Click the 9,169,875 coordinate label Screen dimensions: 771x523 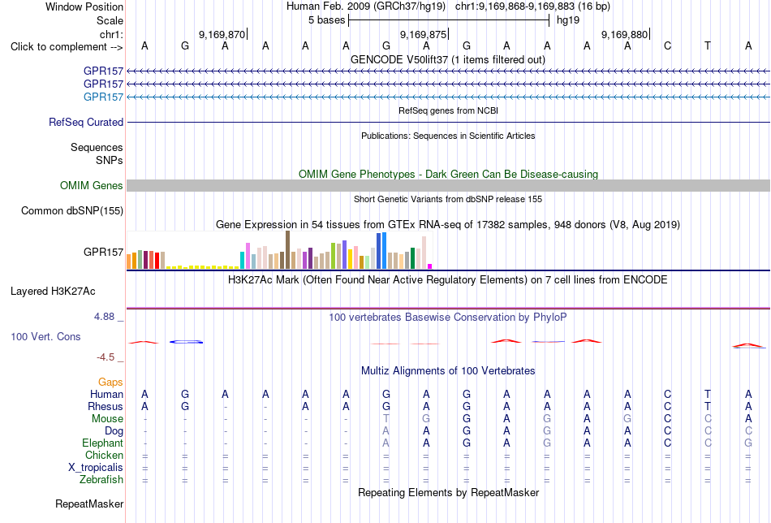[423, 34]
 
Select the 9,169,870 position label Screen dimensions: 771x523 [222, 34]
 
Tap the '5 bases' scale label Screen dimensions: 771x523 [326, 20]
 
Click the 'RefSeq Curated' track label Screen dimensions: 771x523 [86, 122]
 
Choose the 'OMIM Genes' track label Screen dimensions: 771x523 [92, 185]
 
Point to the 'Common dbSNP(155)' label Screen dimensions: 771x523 [72, 210]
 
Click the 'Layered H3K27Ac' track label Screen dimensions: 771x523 [53, 292]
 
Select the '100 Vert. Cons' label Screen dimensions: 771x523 [45, 336]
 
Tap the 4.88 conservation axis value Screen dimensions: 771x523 [104, 317]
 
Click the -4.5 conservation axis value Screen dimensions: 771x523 [106, 357]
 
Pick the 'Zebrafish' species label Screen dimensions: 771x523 [101, 479]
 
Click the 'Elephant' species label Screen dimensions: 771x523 [102, 443]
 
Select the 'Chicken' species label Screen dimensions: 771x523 [104, 455]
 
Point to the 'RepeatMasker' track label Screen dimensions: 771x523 [89, 504]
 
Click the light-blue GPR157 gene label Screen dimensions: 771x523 [103, 97]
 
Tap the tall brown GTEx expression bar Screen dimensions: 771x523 [287, 250]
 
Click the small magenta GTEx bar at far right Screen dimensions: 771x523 [430, 266]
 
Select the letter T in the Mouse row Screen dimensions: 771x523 [386, 419]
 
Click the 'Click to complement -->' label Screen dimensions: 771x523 [67, 47]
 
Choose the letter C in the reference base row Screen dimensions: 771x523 [667, 45]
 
